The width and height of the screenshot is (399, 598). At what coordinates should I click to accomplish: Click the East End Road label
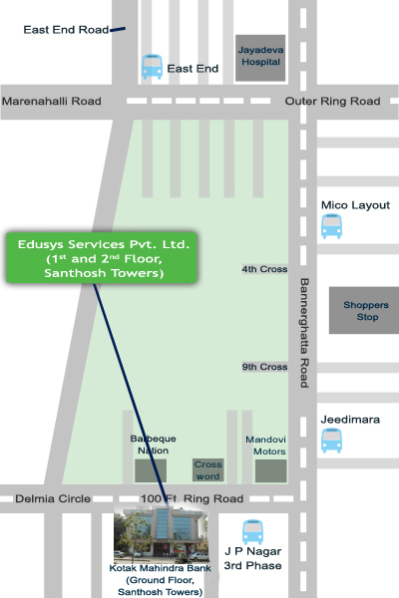(66, 30)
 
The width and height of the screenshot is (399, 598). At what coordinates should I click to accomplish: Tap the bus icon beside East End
(152, 67)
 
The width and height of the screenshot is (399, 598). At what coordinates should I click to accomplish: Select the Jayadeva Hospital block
(260, 58)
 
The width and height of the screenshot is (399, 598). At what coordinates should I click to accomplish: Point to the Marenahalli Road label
(52, 101)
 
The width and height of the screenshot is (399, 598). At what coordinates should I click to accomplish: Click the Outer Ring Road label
(332, 101)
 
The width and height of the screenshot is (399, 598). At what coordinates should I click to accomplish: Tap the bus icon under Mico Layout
(331, 226)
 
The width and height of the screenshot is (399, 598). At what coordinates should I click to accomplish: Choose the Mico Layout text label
(355, 205)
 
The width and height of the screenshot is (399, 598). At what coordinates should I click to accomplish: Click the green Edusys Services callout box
(102, 258)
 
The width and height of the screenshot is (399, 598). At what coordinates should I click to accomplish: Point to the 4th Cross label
(264, 269)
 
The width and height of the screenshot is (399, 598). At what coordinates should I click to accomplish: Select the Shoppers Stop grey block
(364, 310)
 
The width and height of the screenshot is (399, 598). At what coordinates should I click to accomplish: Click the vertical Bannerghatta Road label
(304, 333)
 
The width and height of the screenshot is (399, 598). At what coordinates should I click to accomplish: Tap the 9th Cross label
(264, 367)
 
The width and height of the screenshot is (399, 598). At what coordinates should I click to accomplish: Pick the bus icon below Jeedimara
(331, 441)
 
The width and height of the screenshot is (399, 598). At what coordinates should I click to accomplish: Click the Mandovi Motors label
(265, 446)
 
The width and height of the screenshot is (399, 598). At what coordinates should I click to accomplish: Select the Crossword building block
(207, 469)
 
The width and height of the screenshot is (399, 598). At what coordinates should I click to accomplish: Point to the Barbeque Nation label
(153, 445)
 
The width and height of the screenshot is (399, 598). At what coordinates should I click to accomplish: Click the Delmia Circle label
(53, 499)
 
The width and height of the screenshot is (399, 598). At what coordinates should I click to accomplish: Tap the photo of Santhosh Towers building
(162, 534)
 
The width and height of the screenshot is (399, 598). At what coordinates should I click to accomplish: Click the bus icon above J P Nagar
(252, 532)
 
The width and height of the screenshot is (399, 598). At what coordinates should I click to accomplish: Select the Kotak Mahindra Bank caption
(160, 580)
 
